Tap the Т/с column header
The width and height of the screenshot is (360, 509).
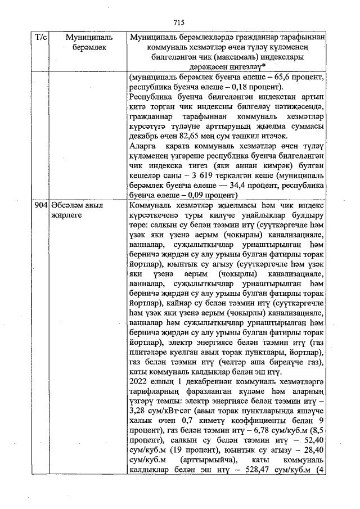41,37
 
